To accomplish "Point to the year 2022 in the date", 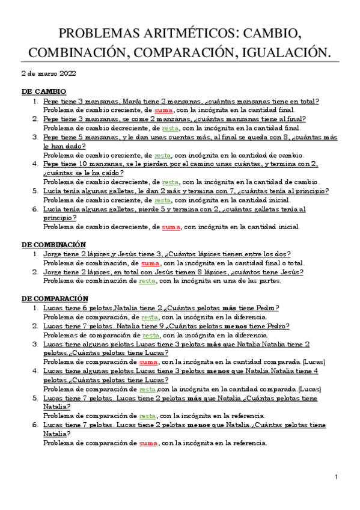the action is [x=66, y=74].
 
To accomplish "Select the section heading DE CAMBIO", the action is [x=44, y=91].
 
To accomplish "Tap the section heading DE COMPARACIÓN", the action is [x=55, y=298].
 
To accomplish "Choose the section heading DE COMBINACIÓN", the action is [x=53, y=245].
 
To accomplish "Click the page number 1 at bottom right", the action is [x=337, y=477].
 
